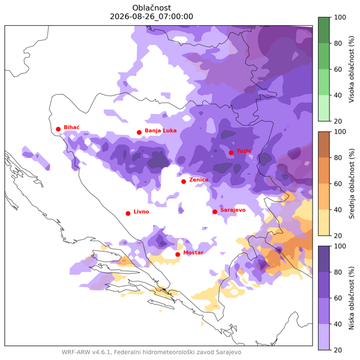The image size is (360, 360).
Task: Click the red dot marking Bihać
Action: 58,129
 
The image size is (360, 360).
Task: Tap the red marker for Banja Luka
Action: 139,133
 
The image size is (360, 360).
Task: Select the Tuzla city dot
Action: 231,152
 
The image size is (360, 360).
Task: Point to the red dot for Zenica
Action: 184,182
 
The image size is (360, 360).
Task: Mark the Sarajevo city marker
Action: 215,212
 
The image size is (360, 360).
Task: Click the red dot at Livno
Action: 128,214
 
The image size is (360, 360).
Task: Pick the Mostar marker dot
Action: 178,254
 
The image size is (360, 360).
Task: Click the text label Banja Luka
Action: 161,131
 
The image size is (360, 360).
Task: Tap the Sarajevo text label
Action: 233,210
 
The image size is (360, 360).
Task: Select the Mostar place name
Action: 193,253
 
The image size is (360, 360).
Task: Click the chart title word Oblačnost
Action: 152,8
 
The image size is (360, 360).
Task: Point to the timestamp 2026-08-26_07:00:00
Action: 152,17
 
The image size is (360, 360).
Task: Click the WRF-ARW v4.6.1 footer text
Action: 86,352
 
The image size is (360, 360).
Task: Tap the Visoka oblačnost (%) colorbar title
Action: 352,69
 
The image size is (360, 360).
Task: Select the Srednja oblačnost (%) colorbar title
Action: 352,184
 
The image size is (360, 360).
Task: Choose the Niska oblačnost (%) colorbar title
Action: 352,298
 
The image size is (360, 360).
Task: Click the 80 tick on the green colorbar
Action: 338,43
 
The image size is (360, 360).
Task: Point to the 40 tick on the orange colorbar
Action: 338,209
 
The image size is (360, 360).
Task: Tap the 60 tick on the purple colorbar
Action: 338,298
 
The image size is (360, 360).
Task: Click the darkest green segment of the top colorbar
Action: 324,30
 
